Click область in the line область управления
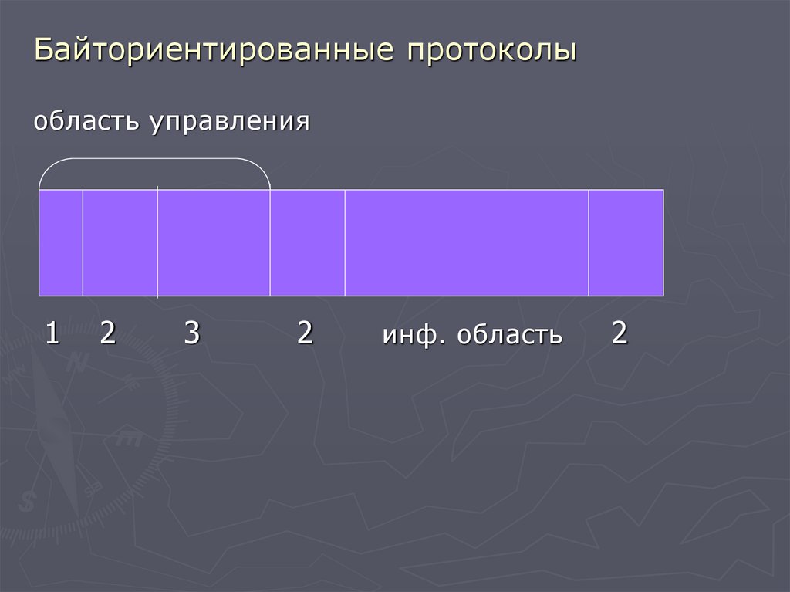point(86,121)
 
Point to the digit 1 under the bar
point(52,333)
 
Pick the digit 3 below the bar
point(192,333)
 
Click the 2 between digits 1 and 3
point(107,333)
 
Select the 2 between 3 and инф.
point(306,333)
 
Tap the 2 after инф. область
point(619,333)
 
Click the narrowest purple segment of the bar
point(61,242)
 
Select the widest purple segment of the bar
point(466,242)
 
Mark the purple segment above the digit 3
point(214,242)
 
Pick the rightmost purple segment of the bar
point(626,242)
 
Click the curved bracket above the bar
point(154,160)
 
